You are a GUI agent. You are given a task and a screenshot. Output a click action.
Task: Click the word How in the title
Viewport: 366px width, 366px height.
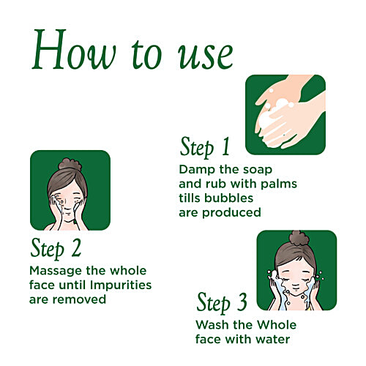coord(74,50)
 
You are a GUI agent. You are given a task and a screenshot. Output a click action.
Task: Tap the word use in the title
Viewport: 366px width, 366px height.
coord(206,56)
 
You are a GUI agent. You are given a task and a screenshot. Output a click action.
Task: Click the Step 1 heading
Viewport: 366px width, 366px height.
coord(205,147)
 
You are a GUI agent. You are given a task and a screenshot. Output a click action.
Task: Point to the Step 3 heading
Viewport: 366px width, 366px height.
coord(222,302)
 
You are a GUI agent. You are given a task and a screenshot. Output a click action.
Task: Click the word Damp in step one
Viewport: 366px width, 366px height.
coord(197,170)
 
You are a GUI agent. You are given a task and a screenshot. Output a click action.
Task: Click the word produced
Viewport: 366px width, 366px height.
coord(231,213)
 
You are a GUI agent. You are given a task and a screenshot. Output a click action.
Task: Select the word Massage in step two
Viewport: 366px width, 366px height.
coord(56,271)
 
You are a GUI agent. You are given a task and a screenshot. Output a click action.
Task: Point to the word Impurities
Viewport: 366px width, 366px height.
coord(121,285)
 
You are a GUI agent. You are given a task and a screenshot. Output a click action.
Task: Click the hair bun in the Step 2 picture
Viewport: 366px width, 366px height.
coord(70,164)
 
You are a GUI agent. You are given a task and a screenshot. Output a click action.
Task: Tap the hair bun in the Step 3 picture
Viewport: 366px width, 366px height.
coord(299,238)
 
